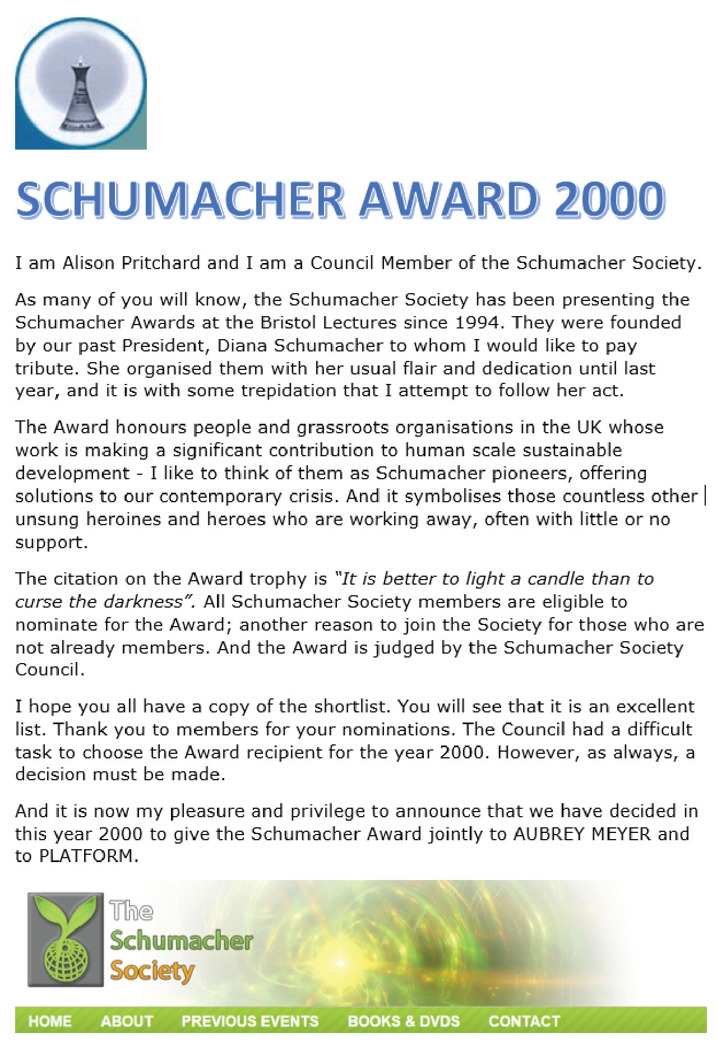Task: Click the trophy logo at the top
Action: click(81, 84)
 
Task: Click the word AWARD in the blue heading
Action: click(449, 200)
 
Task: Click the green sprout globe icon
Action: click(66, 939)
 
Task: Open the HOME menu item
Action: click(50, 1021)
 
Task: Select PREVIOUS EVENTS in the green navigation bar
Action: click(250, 1021)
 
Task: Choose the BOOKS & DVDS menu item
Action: click(404, 1021)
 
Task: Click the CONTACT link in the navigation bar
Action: click(524, 1021)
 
